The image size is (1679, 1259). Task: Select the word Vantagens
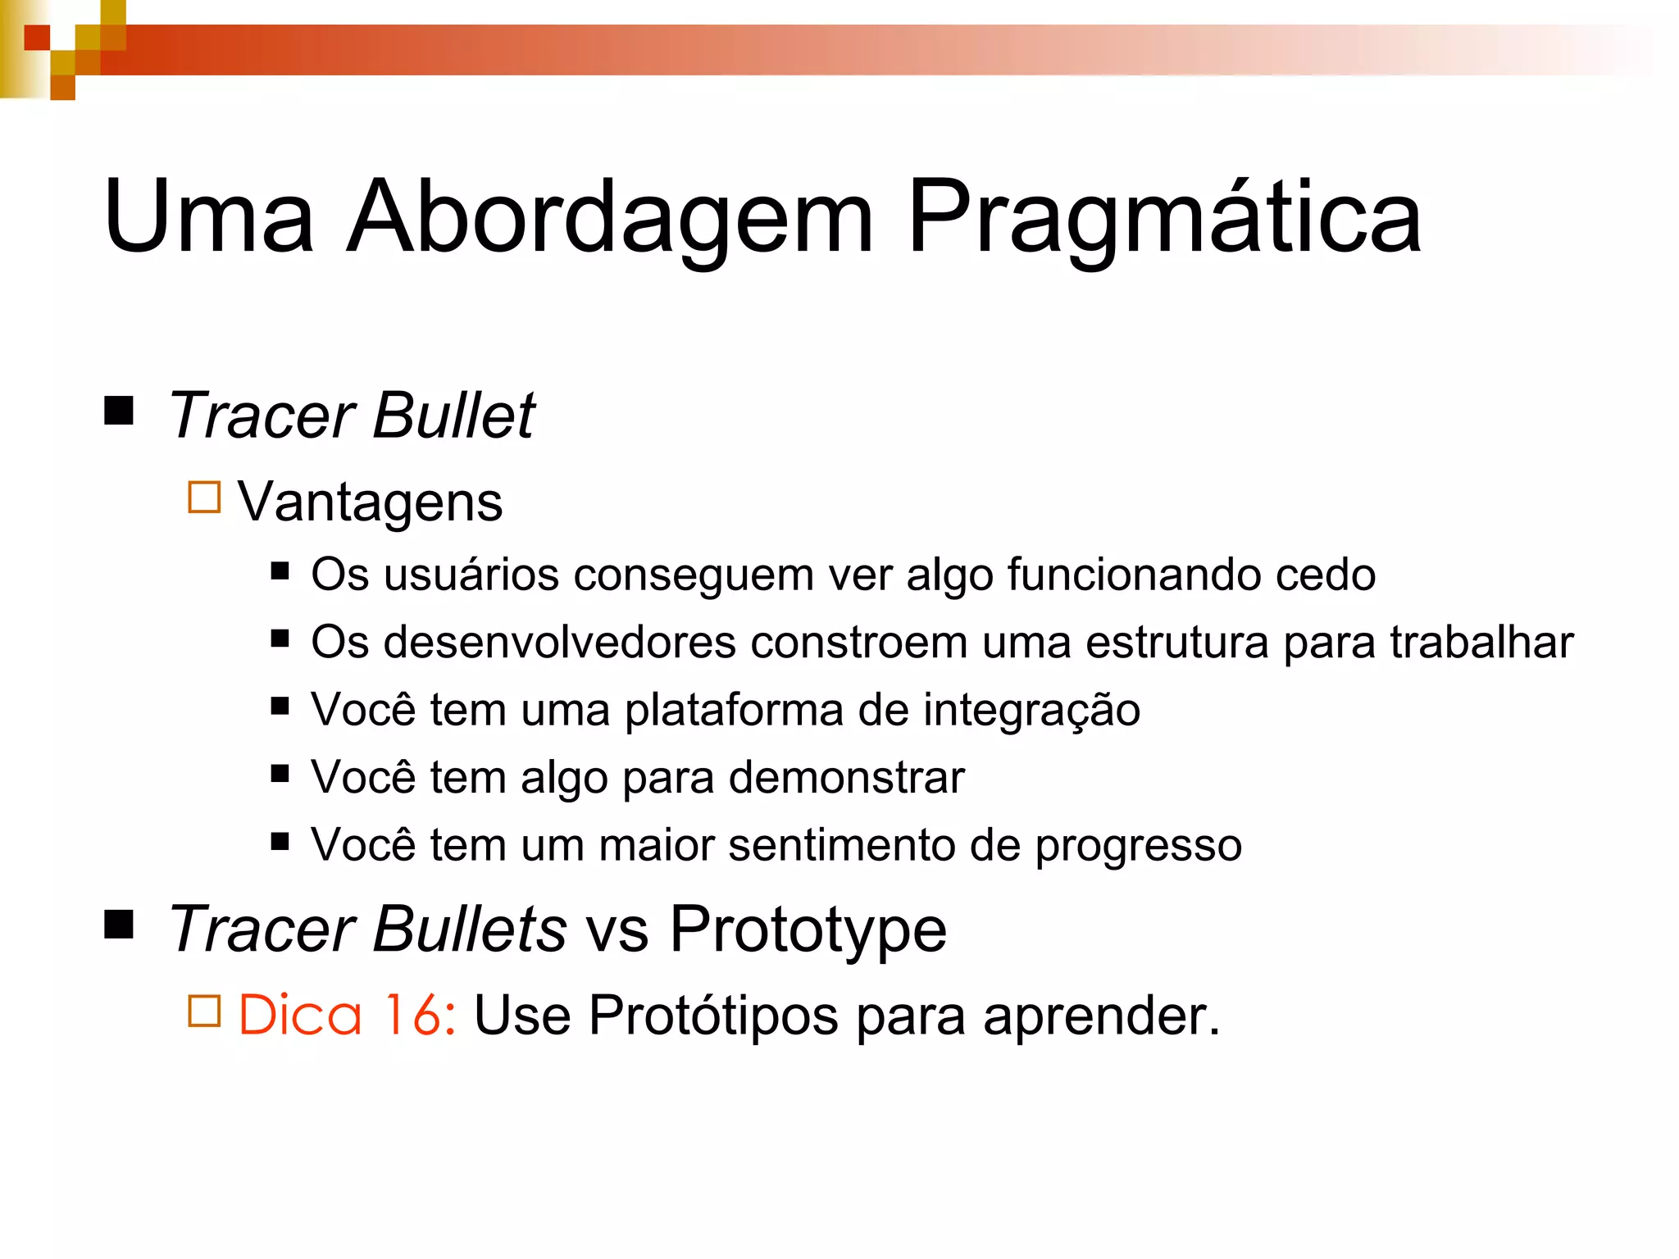tap(370, 502)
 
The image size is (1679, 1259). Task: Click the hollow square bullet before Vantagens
tap(204, 497)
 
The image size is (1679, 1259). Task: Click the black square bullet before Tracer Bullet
tap(120, 410)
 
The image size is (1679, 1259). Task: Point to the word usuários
tap(471, 575)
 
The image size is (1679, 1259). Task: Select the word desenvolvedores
tap(559, 642)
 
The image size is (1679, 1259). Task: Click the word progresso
tap(1138, 846)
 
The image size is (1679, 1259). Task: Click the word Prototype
tap(808, 930)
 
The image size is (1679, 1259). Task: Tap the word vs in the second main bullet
tap(618, 930)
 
